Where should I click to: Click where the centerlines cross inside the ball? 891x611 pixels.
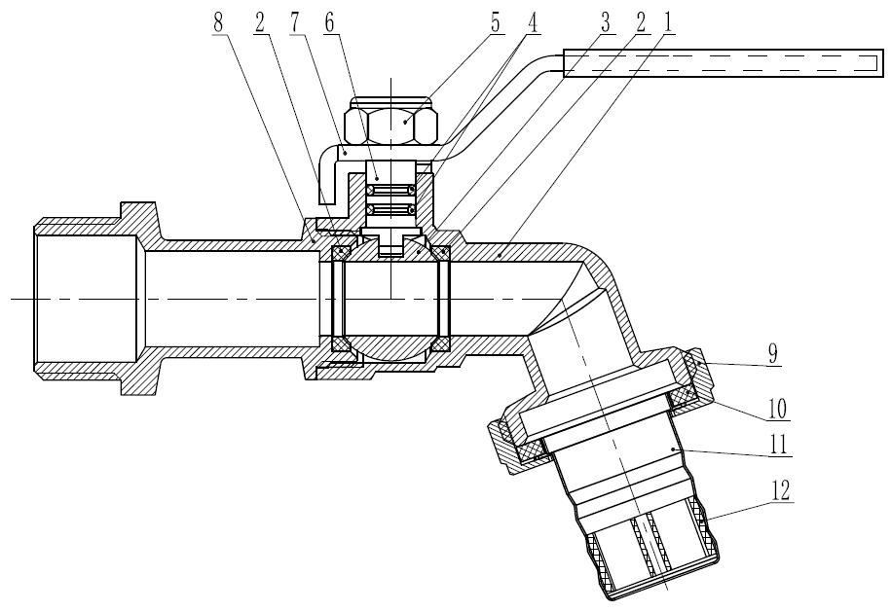pos(390,298)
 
